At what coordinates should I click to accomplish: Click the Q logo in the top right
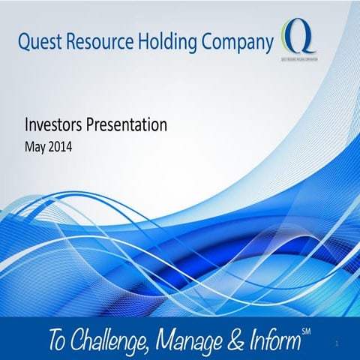click(295, 34)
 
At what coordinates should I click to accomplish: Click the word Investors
click(55, 125)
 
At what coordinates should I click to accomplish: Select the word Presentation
click(127, 125)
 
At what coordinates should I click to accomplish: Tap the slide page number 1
click(338, 344)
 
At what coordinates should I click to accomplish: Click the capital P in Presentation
click(93, 125)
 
